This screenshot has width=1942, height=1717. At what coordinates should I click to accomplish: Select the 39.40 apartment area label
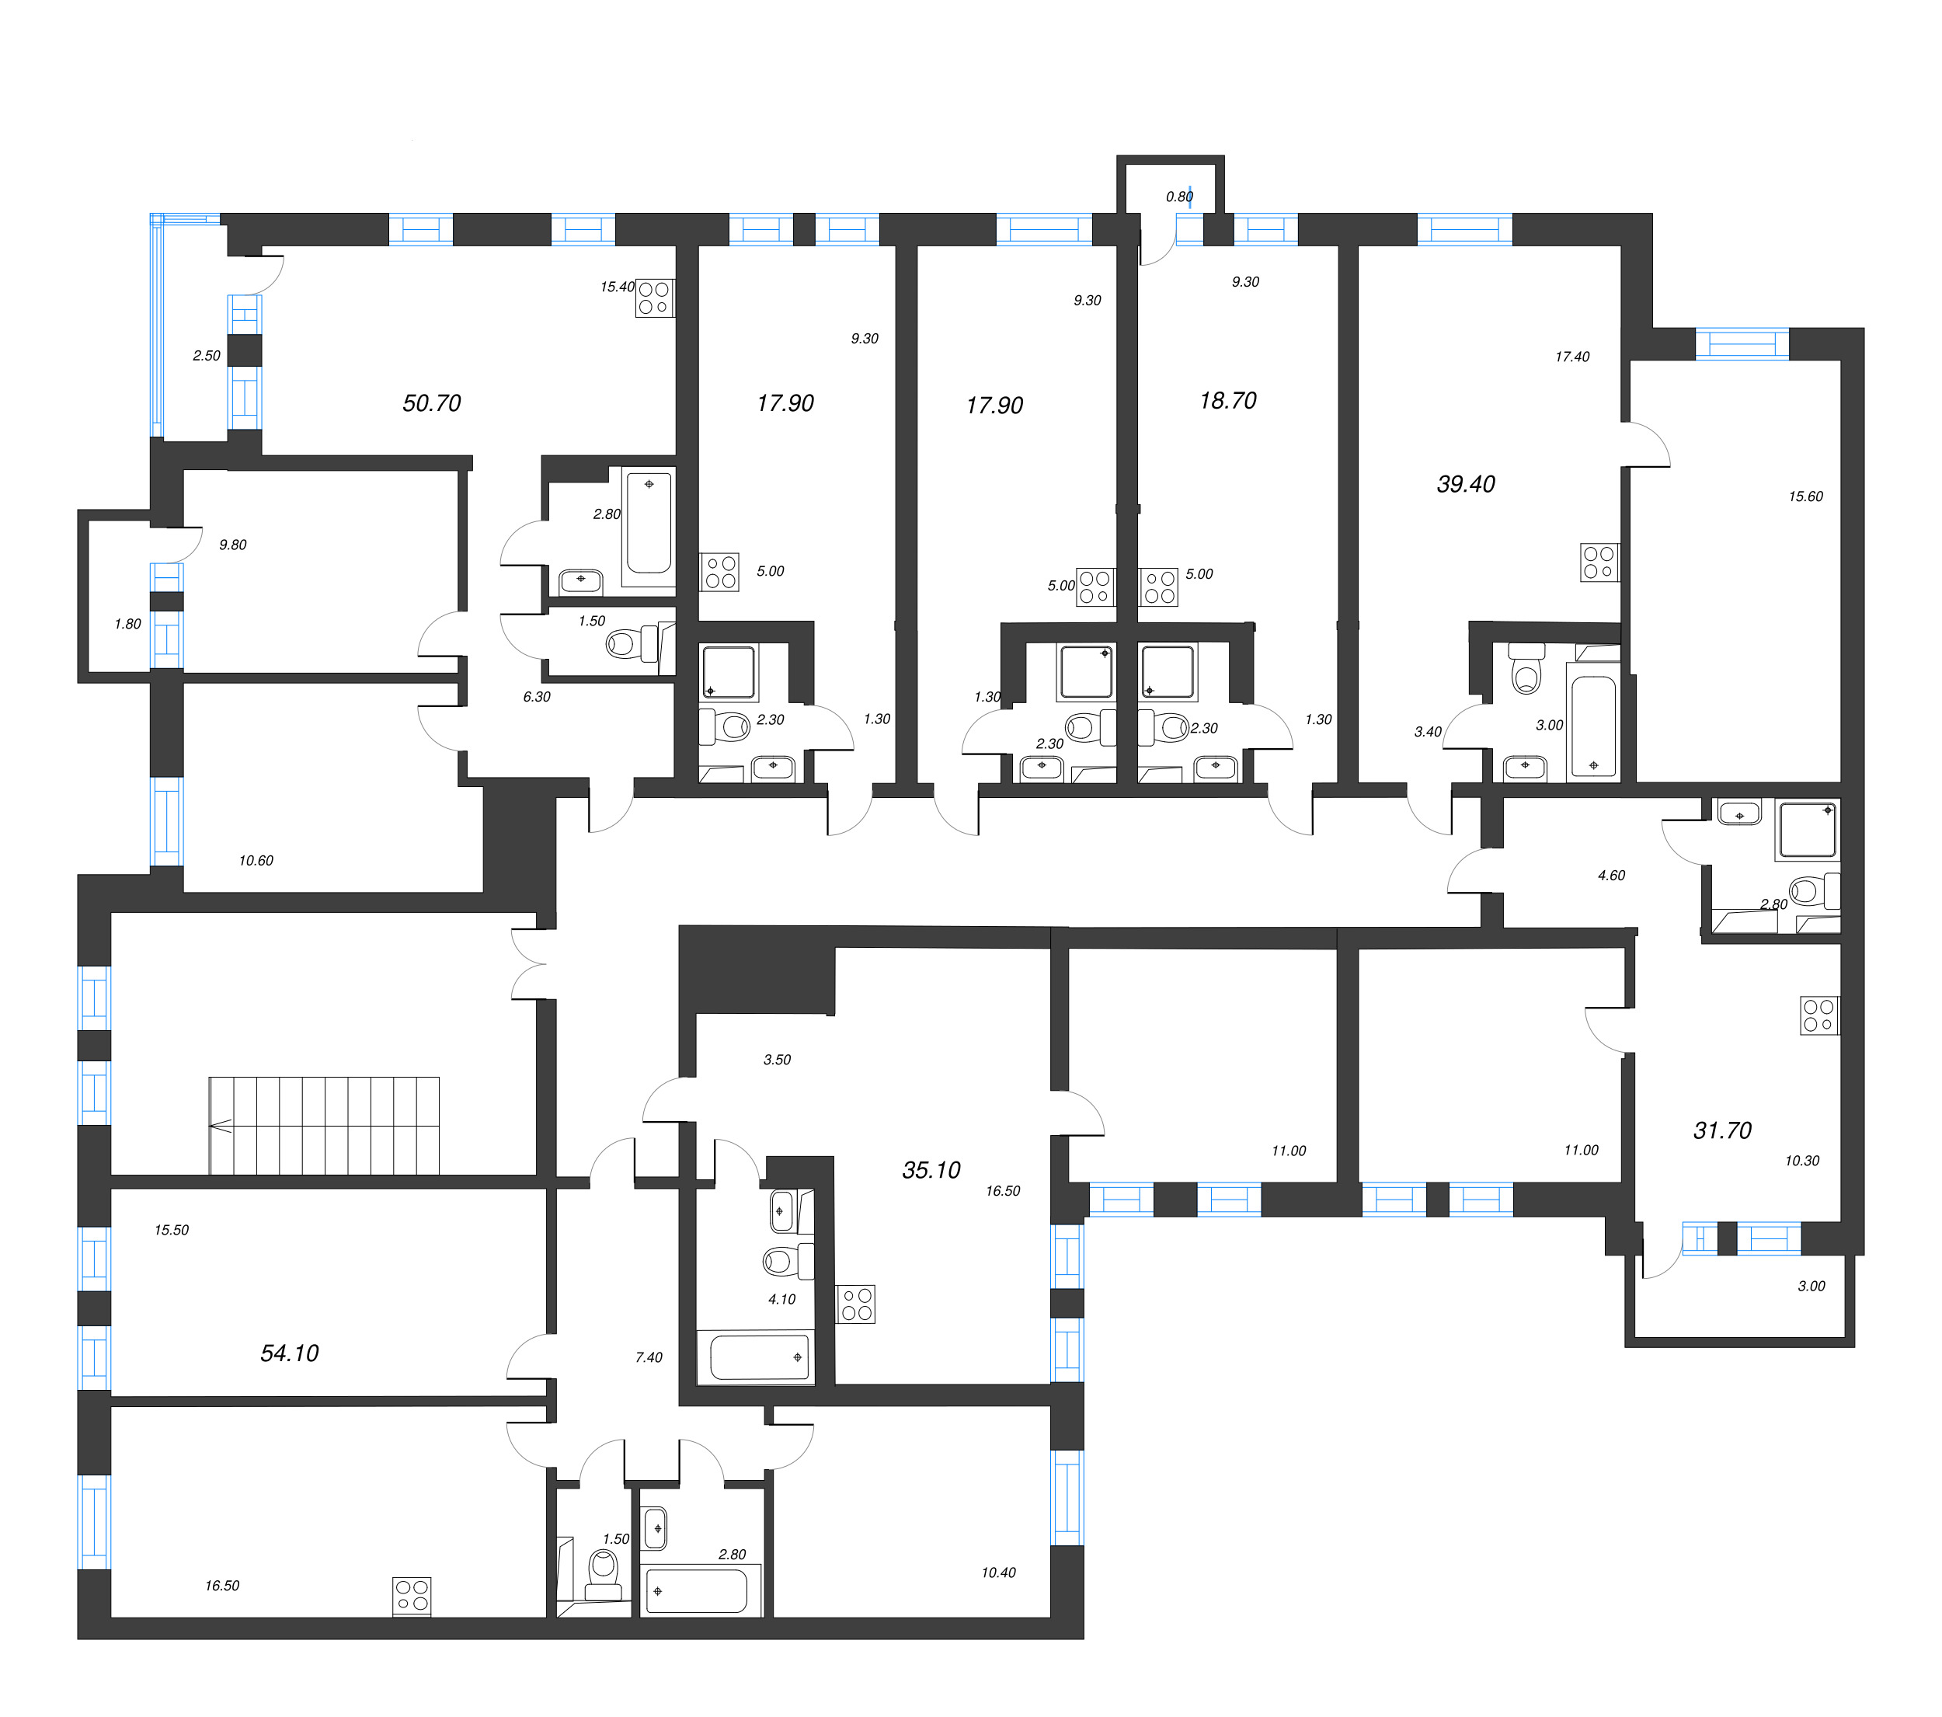pos(1465,484)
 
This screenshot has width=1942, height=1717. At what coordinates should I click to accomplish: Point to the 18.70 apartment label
pos(1227,400)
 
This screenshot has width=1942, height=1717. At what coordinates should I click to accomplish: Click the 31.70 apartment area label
pos(1721,1130)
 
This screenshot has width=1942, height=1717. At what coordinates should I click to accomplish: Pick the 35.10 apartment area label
pos(931,1170)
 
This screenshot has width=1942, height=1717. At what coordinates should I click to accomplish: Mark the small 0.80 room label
pos(1179,197)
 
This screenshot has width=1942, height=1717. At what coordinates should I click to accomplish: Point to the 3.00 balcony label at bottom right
pos(1811,1286)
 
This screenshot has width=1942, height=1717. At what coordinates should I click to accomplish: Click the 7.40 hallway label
pos(649,1357)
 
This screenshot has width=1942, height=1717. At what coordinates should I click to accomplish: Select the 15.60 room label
pos(1805,496)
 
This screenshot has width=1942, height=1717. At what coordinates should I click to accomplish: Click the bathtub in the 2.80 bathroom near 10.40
pos(697,1590)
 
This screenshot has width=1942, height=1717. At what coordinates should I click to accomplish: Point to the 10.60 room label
pos(256,860)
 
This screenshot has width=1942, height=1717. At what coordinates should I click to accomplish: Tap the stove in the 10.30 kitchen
pos(1818,1015)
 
